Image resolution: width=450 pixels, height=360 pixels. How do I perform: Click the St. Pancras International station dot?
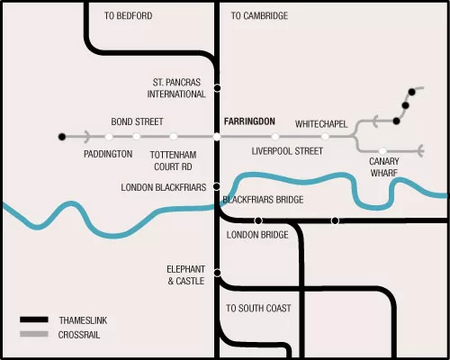coord(218,88)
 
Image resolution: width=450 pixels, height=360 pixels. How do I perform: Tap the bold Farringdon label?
coord(249,121)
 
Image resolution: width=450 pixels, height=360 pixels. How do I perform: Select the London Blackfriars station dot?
coord(216,186)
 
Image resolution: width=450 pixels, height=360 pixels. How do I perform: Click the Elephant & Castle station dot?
coord(218,273)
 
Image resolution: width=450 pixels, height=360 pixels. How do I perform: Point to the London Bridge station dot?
coord(258,220)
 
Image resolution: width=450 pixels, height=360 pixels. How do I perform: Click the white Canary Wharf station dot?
coord(382,150)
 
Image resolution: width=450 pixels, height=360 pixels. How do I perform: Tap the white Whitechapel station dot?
coord(325,137)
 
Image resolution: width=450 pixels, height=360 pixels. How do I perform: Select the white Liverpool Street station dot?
coord(275,137)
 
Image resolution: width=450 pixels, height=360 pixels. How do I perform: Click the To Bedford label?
coord(129,15)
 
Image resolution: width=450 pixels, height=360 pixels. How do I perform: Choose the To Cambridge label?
coord(259,15)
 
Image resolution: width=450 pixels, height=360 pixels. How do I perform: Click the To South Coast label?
coord(258,308)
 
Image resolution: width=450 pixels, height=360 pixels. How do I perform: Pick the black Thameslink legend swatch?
coord(34,319)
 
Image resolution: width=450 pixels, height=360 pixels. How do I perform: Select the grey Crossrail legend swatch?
coord(34,334)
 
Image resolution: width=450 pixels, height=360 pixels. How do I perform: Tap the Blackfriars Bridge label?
coord(263,200)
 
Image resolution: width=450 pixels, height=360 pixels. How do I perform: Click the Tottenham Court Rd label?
coord(174,161)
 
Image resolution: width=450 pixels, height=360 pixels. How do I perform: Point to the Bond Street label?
coord(138,121)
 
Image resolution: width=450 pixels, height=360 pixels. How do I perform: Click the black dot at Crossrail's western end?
coord(62,137)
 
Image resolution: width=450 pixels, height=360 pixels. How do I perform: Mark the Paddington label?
coord(108,154)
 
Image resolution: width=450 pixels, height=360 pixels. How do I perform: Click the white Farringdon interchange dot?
coord(217,137)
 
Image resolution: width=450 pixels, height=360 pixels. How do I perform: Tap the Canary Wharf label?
coord(384,167)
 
